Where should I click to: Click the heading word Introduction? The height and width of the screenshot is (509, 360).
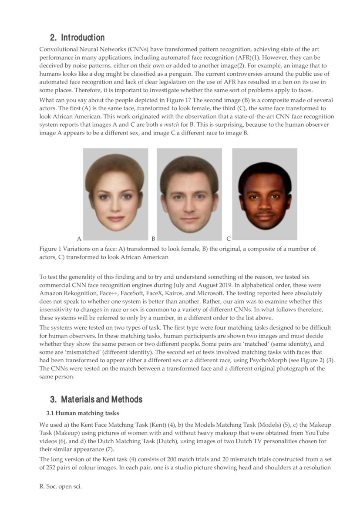(x=83, y=37)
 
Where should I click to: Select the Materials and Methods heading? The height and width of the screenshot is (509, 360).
(x=101, y=399)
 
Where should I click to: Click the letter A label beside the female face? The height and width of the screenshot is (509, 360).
(x=79, y=239)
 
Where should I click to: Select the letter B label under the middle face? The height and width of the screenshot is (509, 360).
(x=153, y=239)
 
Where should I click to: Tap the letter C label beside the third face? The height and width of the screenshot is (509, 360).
(x=229, y=239)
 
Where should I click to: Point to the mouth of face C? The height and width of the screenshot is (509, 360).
(x=264, y=216)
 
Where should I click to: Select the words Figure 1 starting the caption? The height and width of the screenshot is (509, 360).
(x=51, y=249)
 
